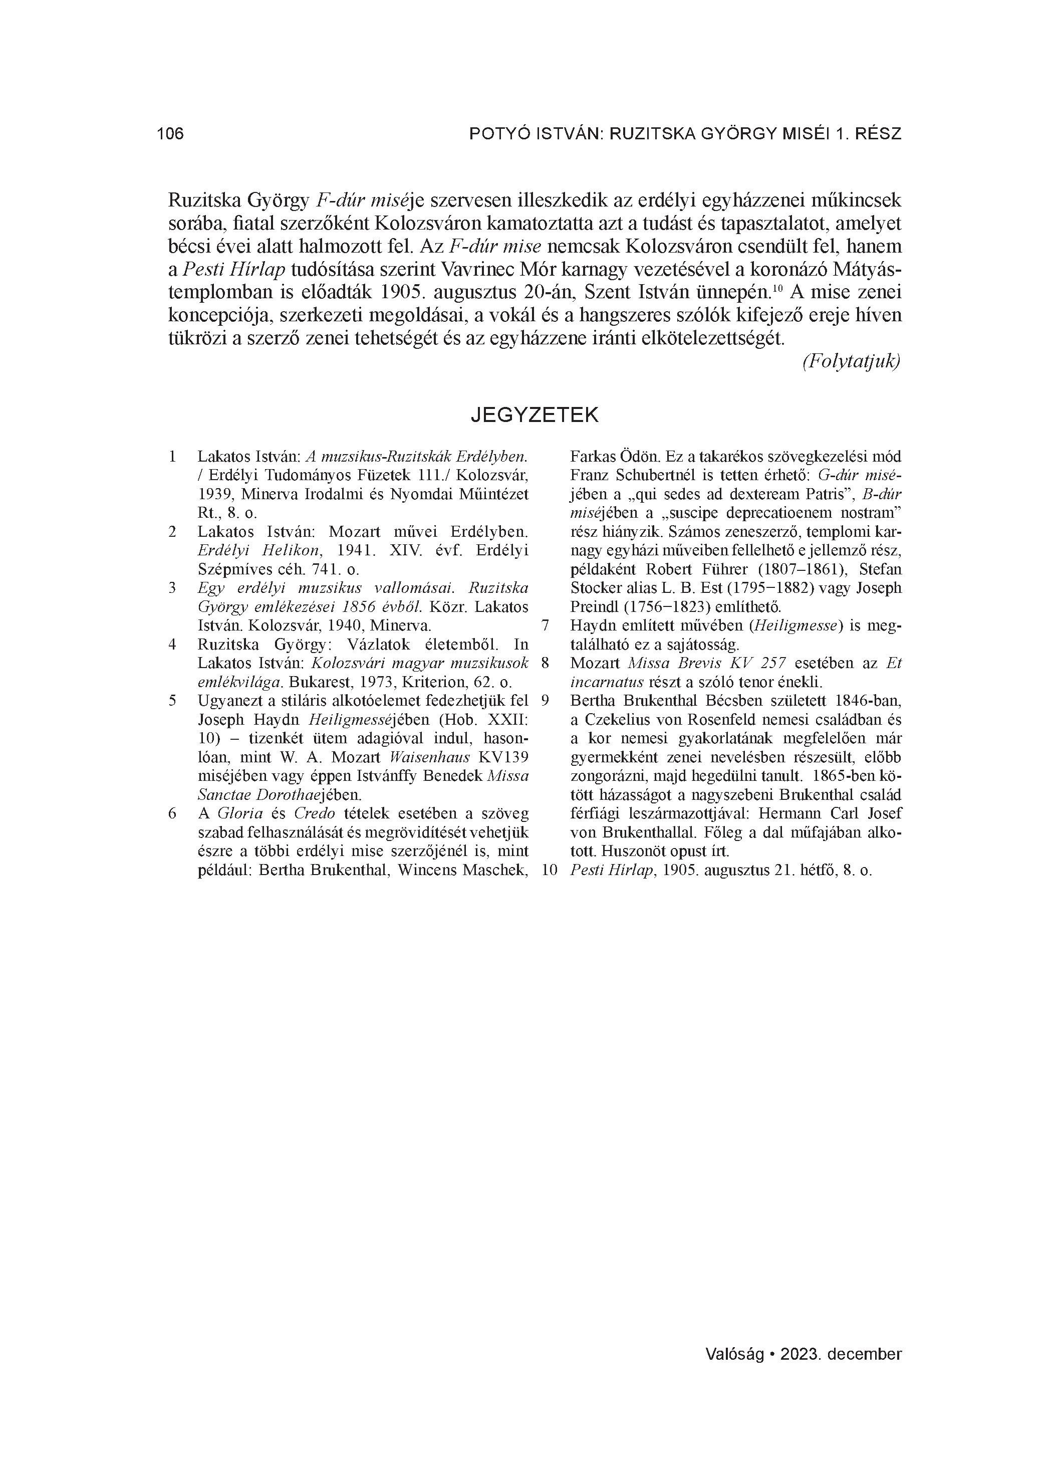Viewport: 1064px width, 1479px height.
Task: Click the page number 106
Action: (170, 134)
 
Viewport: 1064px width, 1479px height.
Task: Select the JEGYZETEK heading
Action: (534, 415)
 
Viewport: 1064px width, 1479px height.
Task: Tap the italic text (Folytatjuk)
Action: (851, 361)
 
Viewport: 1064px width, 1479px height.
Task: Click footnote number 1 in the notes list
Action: (172, 457)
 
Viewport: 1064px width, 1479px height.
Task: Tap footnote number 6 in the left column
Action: (172, 814)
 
